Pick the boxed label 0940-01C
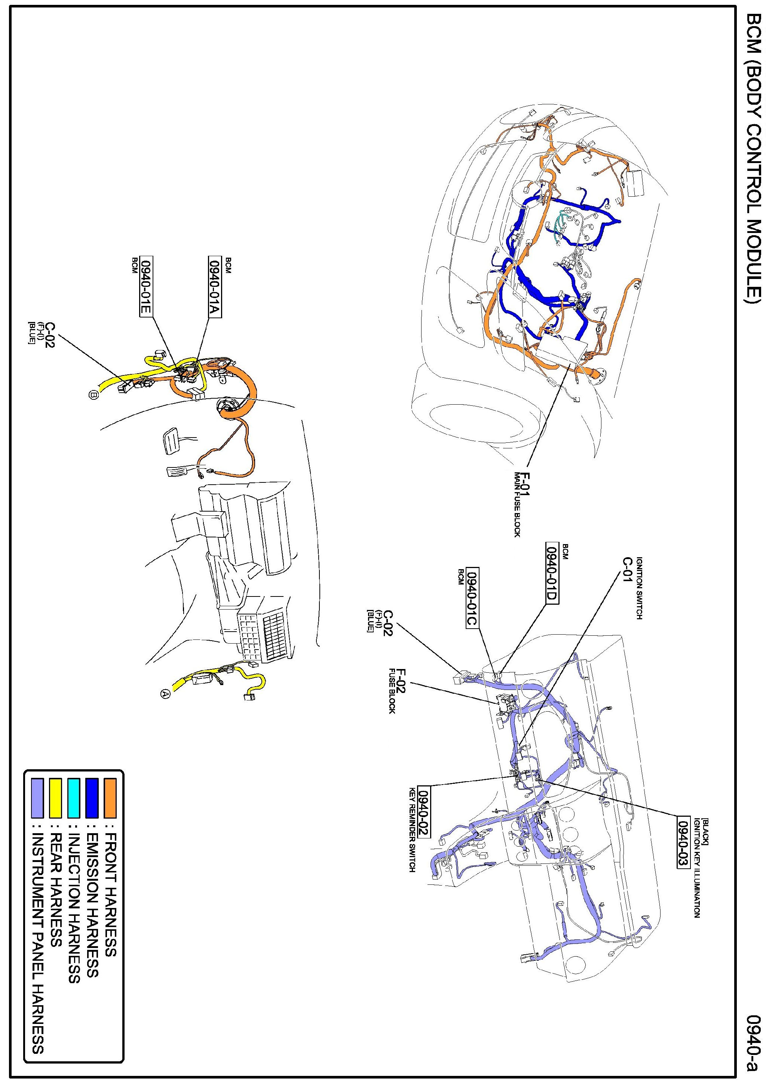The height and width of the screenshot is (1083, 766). pyautogui.click(x=472, y=597)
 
